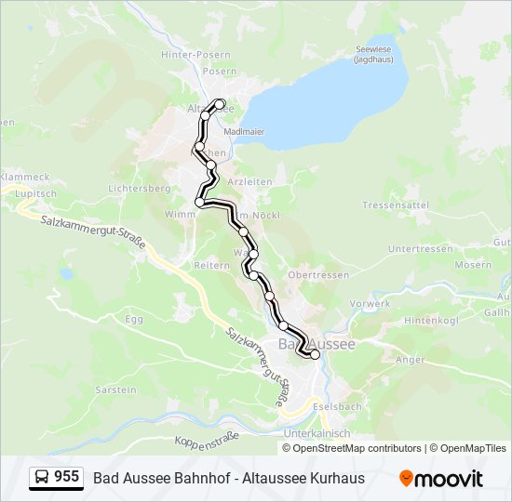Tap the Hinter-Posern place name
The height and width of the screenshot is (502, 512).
coord(195,55)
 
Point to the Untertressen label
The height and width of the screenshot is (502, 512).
coord(421,249)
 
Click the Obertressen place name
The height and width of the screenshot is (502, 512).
coord(319,275)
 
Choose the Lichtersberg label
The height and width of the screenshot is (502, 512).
coord(138,188)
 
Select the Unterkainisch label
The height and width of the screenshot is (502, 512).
coord(317,433)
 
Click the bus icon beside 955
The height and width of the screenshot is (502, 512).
coord(43,478)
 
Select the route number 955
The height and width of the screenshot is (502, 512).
coord(66,477)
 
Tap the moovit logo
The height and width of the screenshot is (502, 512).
coord(441,479)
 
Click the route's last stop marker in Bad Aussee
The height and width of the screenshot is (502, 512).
coord(315,354)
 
